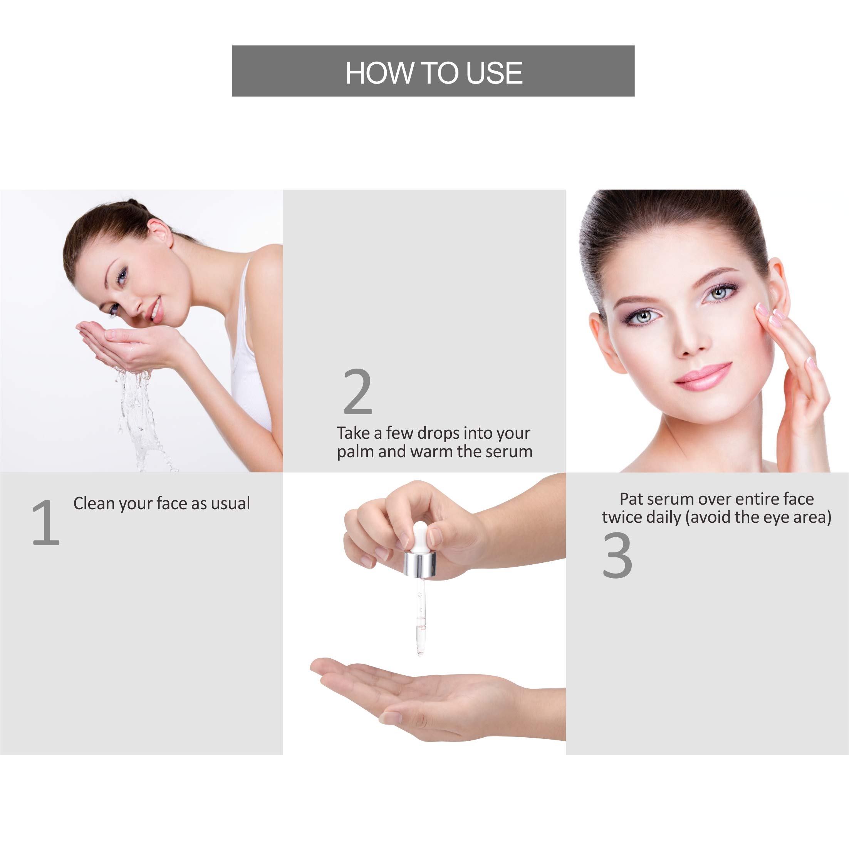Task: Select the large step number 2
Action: point(358,392)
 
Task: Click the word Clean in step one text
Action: point(94,503)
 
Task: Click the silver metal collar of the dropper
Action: point(419,565)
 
